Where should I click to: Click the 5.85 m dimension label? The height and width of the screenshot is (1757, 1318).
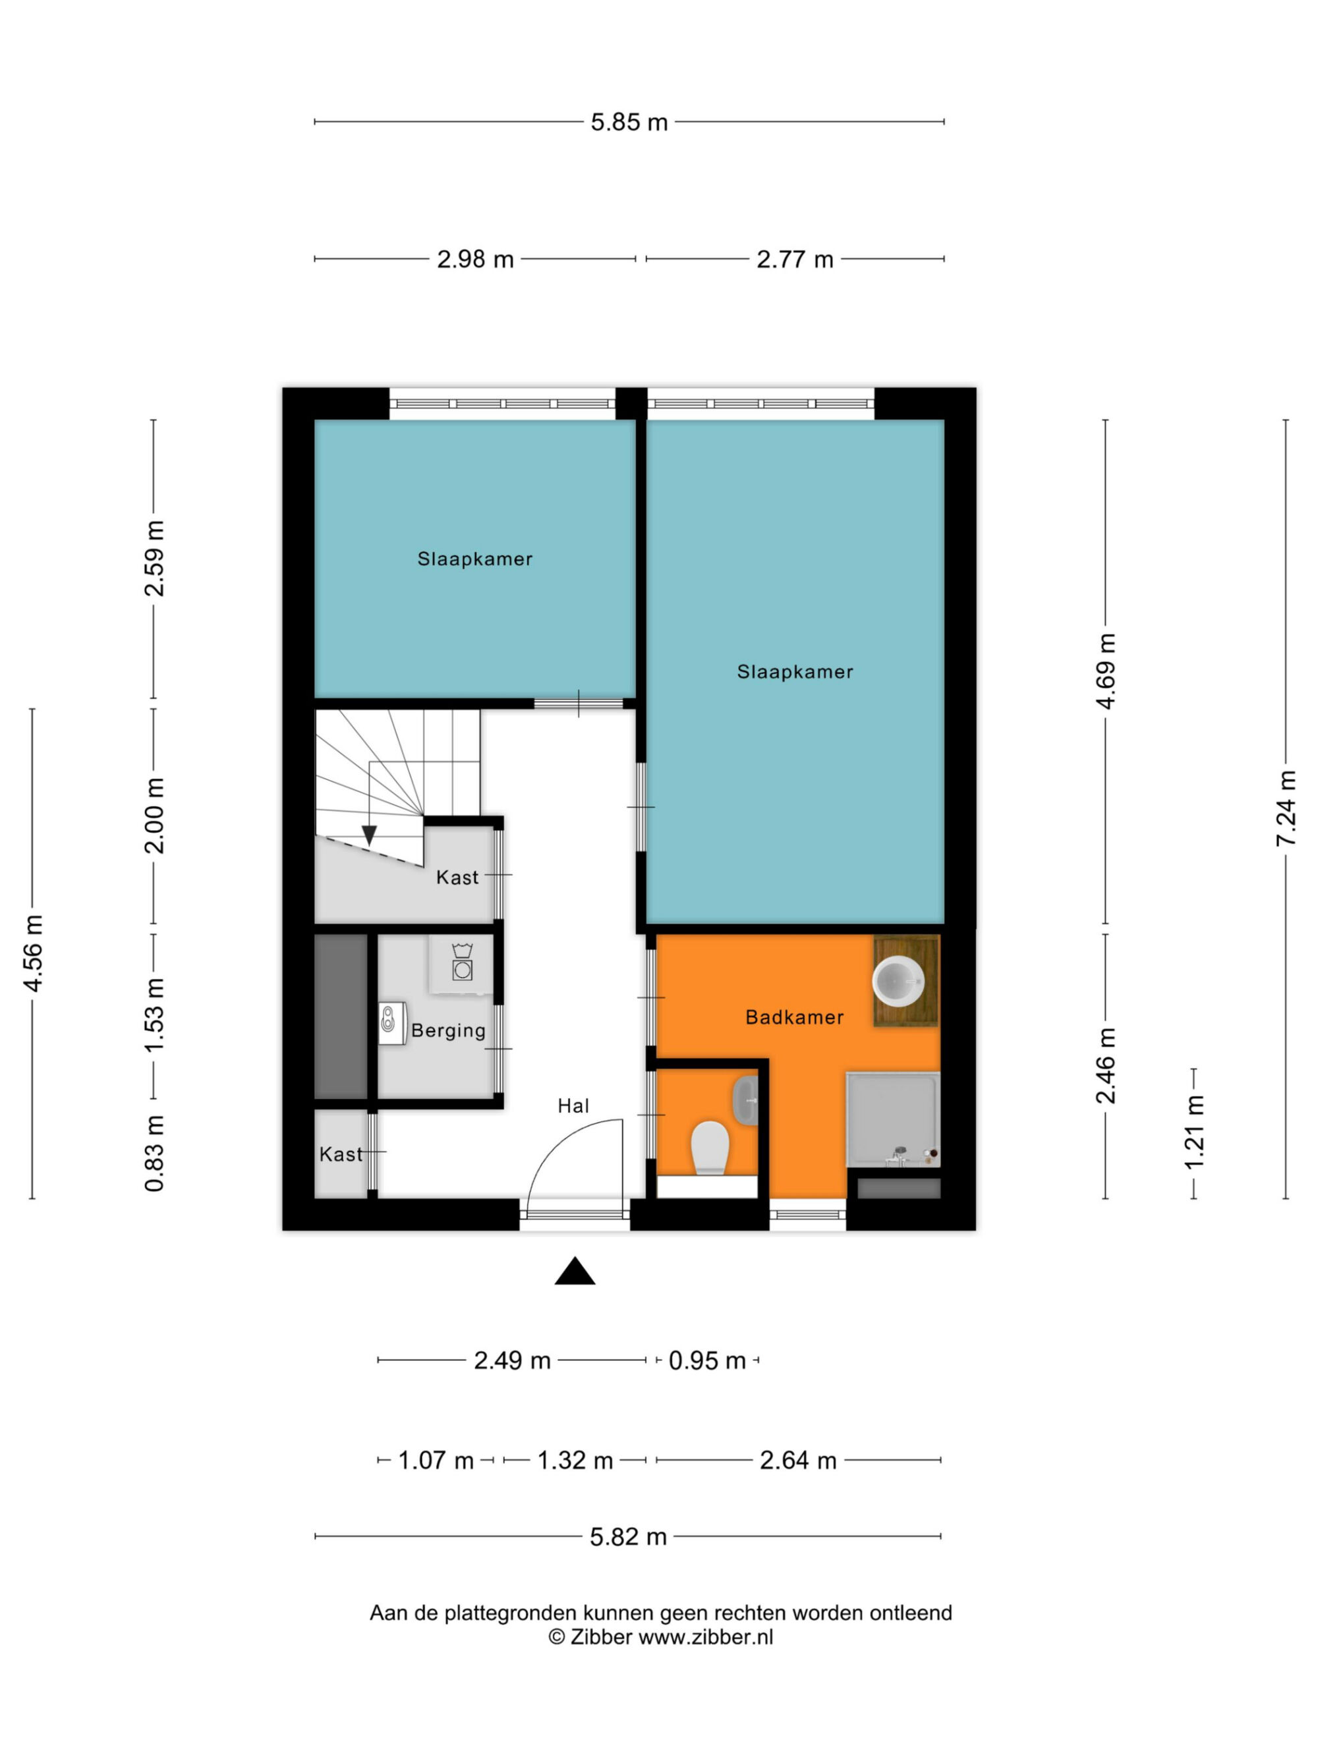pyautogui.click(x=629, y=123)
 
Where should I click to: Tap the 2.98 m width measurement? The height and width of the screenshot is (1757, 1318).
pyautogui.click(x=475, y=259)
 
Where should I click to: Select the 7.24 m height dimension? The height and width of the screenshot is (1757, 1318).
pyautogui.click(x=1286, y=808)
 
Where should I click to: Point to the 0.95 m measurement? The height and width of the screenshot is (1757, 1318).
pyautogui.click(x=707, y=1360)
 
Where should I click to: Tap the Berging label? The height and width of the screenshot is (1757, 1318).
pyautogui.click(x=448, y=1031)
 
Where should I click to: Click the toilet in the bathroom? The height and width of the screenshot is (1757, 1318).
pyautogui.click(x=710, y=1147)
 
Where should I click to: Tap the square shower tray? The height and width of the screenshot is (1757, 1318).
pyautogui.click(x=893, y=1119)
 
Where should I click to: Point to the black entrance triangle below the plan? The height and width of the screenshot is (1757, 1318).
pyautogui.click(x=575, y=1271)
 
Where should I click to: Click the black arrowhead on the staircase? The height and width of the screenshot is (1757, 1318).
pyautogui.click(x=368, y=835)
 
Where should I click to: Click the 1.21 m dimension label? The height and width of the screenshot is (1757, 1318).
pyautogui.click(x=1194, y=1132)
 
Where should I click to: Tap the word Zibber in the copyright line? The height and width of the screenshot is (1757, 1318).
pyautogui.click(x=602, y=1637)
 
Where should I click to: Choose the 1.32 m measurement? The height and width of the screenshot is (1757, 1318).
pyautogui.click(x=575, y=1460)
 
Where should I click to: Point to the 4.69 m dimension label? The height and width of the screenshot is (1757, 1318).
pyautogui.click(x=1106, y=671)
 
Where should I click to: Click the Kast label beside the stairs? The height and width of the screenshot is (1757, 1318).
pyautogui.click(x=457, y=878)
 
